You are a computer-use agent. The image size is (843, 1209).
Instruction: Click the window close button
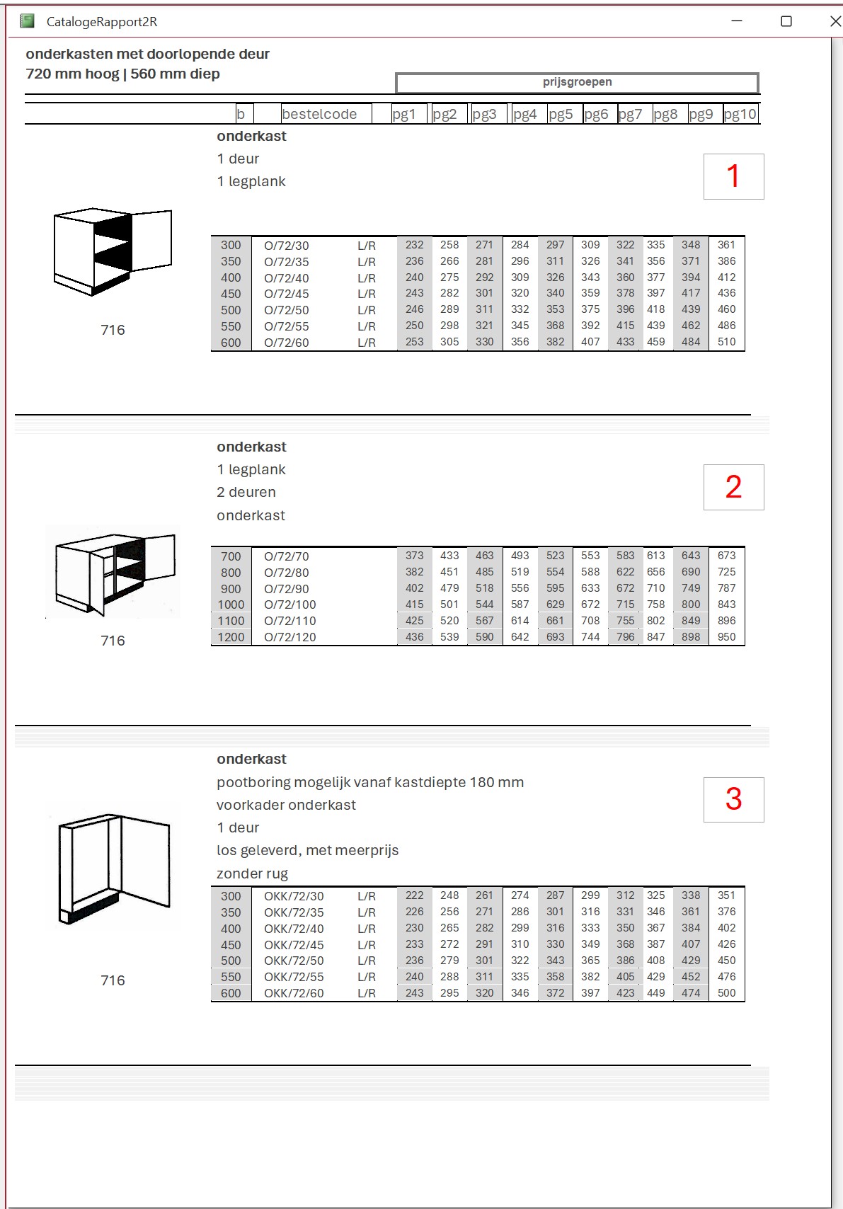click(835, 21)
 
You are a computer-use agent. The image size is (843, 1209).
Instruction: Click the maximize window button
click(786, 21)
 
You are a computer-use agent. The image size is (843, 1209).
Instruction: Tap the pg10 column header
click(740, 114)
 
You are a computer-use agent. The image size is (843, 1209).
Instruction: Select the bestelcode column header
click(319, 114)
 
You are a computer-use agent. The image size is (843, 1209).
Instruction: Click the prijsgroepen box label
click(577, 82)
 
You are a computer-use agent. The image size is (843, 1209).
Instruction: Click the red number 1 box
click(733, 176)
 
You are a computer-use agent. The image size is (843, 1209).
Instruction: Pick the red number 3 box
click(733, 799)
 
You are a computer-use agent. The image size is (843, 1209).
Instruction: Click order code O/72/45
click(287, 294)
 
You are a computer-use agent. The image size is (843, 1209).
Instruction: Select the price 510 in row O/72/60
click(726, 342)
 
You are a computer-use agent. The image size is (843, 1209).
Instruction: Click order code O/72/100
click(290, 604)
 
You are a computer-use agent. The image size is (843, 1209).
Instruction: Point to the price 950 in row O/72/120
click(726, 637)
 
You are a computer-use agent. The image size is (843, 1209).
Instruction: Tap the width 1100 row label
click(231, 621)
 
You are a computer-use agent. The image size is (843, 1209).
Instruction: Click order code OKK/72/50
click(294, 961)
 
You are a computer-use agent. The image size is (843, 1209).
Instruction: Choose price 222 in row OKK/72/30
click(414, 895)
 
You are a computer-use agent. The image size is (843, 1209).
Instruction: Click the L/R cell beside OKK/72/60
click(367, 993)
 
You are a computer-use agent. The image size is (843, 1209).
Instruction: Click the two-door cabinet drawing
click(114, 572)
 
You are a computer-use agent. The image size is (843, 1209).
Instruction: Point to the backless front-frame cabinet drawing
click(114, 867)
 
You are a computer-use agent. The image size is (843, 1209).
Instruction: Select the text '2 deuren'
click(246, 492)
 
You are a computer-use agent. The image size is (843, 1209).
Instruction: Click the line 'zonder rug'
click(252, 873)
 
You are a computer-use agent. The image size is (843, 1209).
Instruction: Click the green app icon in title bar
click(28, 21)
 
